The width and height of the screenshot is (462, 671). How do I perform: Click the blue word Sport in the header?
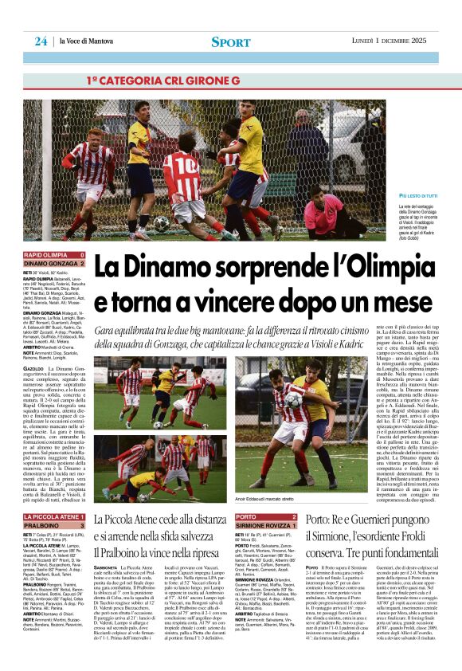231,41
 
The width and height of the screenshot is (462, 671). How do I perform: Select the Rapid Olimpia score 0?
82,256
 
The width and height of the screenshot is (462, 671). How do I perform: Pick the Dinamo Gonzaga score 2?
82,264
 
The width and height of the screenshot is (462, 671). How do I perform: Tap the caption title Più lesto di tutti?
417,196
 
